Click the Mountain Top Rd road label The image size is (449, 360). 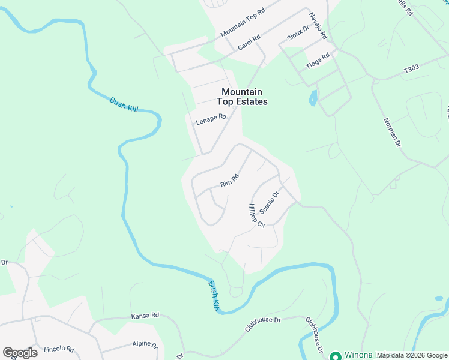243,23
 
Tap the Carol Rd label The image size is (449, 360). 249,41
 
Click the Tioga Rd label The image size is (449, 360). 318,61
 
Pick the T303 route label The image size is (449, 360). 411,70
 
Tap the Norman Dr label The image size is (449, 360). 392,132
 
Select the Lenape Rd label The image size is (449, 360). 211,120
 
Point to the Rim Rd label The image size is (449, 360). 230,179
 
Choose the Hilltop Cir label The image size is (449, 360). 256,216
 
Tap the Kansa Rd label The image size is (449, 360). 145,315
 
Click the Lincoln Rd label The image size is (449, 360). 59,349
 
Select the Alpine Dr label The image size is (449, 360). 145,345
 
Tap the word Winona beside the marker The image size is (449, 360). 358,355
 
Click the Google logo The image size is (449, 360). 20,353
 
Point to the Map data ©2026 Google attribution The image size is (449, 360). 412,355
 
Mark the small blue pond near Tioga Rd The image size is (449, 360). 312,98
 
